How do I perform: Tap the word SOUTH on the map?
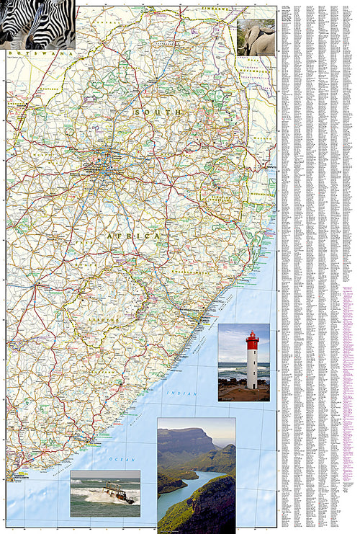pos(147,112)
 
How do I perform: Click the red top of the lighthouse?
pos(252,341)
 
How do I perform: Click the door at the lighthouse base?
pos(252,383)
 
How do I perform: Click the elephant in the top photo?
pos(258,40)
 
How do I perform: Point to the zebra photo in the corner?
pos(36,23)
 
